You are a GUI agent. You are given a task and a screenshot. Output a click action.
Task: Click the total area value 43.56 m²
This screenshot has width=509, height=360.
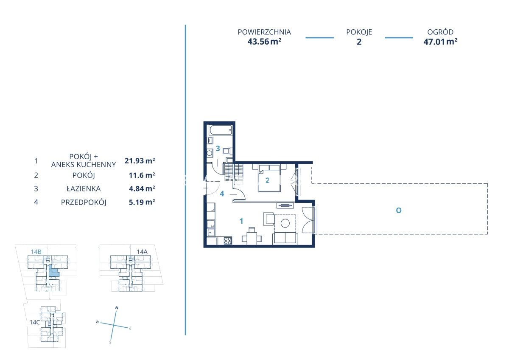point(264,42)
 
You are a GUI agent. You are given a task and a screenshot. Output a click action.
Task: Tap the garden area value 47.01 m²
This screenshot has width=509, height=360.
point(440,42)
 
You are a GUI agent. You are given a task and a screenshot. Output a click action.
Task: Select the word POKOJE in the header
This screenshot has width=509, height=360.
point(359,32)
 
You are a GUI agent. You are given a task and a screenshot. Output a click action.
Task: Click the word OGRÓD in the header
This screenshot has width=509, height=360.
point(440,32)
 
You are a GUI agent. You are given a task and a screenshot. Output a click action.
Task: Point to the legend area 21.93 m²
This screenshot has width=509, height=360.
point(140,161)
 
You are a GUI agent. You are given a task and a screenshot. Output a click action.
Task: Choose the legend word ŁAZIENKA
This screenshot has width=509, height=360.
point(84,188)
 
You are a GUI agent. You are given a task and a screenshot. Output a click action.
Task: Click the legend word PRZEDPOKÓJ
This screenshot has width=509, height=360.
point(84,202)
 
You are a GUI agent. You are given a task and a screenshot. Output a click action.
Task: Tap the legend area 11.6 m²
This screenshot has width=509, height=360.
point(142,175)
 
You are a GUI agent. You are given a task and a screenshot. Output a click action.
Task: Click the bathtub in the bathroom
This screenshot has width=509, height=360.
point(221,130)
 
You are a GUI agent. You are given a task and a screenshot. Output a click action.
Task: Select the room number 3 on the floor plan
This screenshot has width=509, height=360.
point(218,149)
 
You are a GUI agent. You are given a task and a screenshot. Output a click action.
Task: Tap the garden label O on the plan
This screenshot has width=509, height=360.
point(399,211)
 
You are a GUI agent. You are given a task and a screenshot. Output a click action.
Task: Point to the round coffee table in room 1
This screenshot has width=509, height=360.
point(285,223)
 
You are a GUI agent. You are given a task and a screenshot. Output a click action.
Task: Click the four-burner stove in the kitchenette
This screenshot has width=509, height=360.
point(228,241)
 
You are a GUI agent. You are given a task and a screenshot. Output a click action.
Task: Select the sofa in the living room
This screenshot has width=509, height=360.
point(285,238)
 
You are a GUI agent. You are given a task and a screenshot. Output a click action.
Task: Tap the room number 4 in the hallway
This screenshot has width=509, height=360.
point(222,194)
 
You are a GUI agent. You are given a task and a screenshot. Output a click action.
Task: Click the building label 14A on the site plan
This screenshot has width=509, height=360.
point(142,251)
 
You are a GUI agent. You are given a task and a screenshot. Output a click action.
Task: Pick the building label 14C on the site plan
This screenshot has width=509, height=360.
point(35,322)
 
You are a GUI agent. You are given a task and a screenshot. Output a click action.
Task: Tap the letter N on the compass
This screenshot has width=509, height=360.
point(117,308)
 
